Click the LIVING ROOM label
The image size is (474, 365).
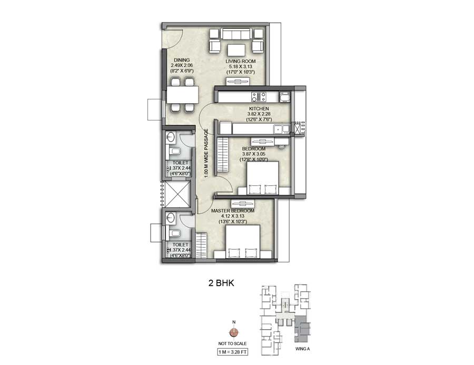pyautogui.click(x=240, y=61)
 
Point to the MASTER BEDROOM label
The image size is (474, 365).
pyautogui.click(x=232, y=211)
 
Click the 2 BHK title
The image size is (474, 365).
pyautogui.click(x=221, y=283)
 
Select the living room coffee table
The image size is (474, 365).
pyautogui.click(x=236, y=51)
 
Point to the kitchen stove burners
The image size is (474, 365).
pyautogui.click(x=258, y=96)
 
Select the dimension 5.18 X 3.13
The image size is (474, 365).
pyautogui.click(x=240, y=66)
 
